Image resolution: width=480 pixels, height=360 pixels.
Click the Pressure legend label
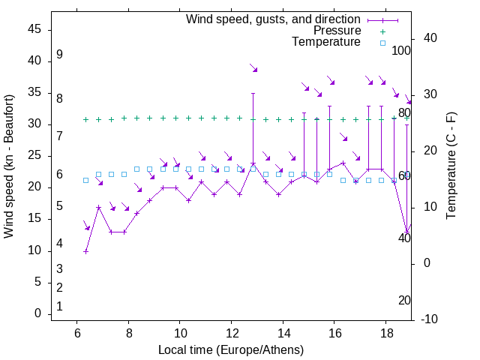click(337, 31)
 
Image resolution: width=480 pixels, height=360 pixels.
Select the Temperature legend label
click(326, 42)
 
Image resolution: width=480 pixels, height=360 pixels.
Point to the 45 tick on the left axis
click(34, 29)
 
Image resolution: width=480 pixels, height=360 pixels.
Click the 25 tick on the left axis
click(34, 156)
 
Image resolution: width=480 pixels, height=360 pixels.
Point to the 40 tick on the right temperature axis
click(430, 38)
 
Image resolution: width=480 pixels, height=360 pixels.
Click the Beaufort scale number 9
click(59, 55)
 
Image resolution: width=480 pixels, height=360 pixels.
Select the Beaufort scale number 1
click(59, 306)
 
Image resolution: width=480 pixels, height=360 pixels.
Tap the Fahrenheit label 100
click(401, 51)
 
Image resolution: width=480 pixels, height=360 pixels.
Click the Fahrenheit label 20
click(404, 300)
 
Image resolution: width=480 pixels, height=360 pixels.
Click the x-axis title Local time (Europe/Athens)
click(231, 349)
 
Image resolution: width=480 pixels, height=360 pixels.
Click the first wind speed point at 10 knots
click(85, 251)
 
